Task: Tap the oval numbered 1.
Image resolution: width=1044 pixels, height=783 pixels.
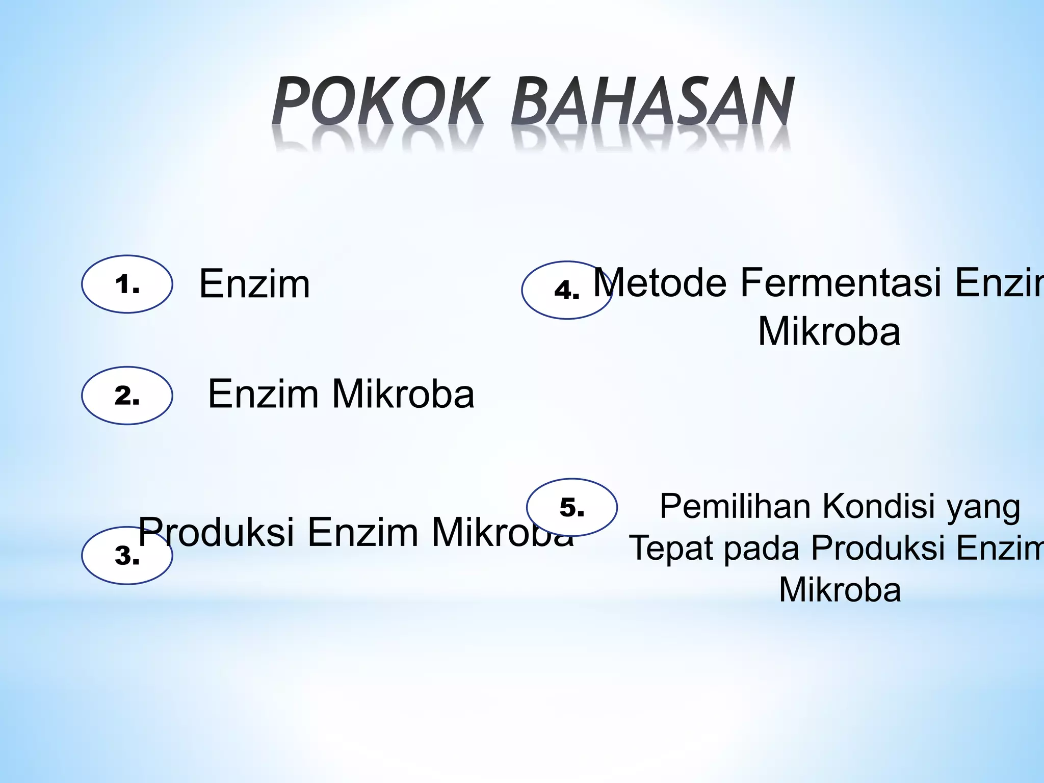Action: point(127,284)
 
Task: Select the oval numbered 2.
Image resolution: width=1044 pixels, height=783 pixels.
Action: point(127,396)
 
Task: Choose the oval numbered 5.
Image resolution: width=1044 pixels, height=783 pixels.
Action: point(571,507)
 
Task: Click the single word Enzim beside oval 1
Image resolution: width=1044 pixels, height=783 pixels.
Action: point(254,284)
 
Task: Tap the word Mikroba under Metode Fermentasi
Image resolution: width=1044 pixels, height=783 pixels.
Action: point(829,331)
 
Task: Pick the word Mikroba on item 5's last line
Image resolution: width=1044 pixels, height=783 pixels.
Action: point(840,590)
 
